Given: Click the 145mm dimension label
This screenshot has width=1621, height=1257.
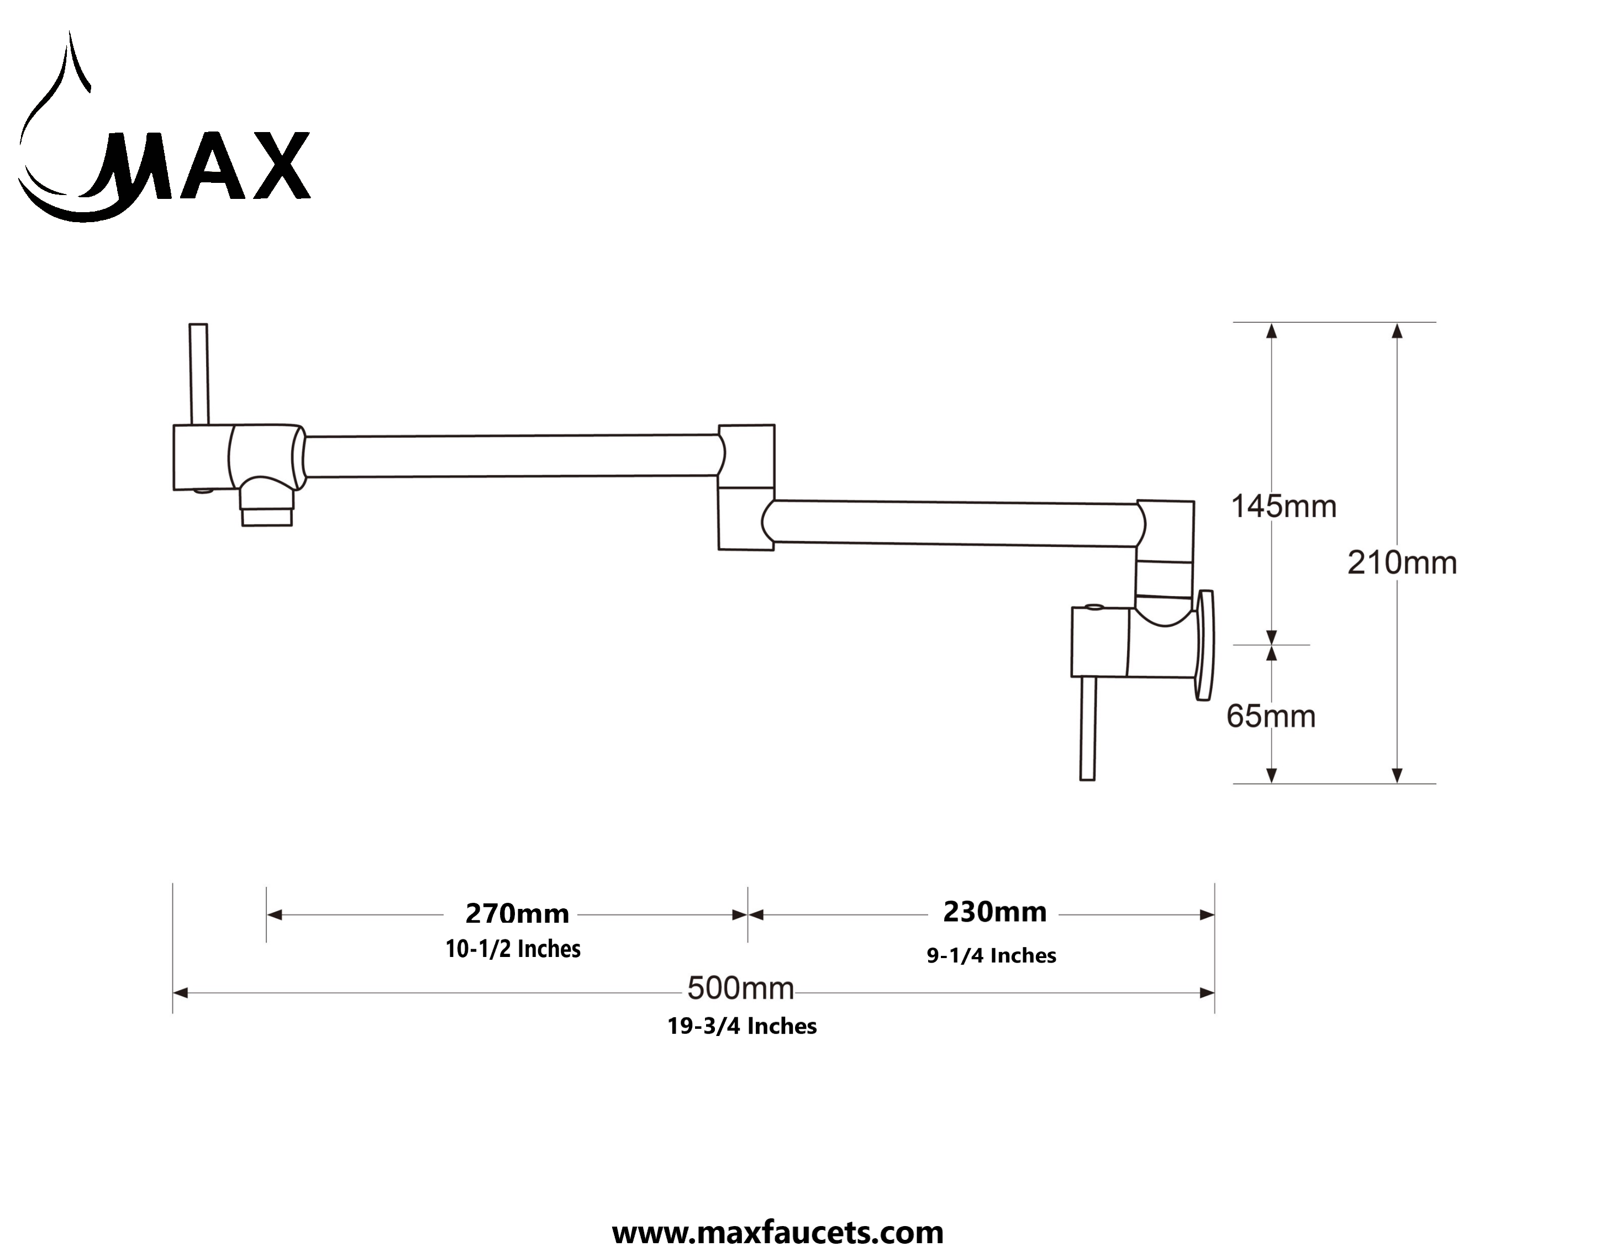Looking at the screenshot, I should point(1283,507).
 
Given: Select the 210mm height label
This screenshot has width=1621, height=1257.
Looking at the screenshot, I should point(1401,564).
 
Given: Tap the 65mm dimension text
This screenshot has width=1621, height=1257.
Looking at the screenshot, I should point(1271,717).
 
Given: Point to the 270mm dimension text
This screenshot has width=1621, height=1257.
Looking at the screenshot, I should point(517,913).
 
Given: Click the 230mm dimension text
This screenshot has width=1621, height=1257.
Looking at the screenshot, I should point(994,912).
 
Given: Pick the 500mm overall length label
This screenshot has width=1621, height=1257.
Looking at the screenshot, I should point(740,988).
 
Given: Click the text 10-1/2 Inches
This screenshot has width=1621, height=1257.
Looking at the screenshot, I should point(513,949).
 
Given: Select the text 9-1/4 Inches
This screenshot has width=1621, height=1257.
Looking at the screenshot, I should point(991,955).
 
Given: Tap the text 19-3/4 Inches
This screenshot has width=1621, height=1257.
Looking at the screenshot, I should point(741,1026).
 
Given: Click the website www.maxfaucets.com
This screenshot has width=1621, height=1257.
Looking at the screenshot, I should point(777,1233).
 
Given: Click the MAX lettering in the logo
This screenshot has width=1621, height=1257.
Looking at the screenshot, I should point(208,167).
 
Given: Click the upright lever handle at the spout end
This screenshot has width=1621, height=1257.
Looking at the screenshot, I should point(198,374).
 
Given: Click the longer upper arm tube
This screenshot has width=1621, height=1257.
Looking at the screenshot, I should point(512,456).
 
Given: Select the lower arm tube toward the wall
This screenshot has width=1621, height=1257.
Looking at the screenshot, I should point(954,523).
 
